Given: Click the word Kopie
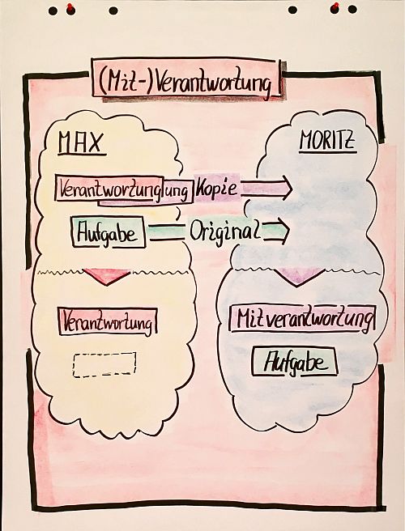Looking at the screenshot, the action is pyautogui.click(x=216, y=187).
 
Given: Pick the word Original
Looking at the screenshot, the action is pyautogui.click(x=225, y=232).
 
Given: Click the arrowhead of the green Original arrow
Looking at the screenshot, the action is pyautogui.click(x=283, y=232).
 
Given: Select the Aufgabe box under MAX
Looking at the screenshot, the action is pyautogui.click(x=109, y=232).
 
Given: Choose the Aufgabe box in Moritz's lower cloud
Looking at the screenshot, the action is pyautogui.click(x=295, y=362).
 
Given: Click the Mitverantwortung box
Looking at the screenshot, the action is pyautogui.click(x=303, y=319).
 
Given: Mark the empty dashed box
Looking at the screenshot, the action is pyautogui.click(x=104, y=365).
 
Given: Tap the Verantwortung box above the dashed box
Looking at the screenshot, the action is pyautogui.click(x=108, y=321).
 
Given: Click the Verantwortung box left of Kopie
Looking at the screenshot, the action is pyautogui.click(x=124, y=189).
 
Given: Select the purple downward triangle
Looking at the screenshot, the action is pyautogui.click(x=299, y=276).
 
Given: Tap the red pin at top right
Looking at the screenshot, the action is pyautogui.click(x=335, y=7).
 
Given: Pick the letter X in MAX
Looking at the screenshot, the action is pyautogui.click(x=95, y=142).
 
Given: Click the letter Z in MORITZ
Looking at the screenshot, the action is pyautogui.click(x=349, y=140).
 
